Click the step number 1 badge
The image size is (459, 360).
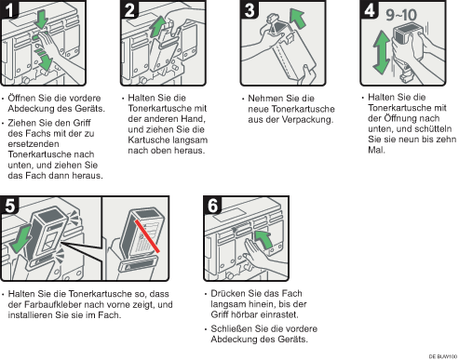(9, 9)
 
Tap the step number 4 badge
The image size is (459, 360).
(370, 9)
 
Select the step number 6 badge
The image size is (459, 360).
(212, 205)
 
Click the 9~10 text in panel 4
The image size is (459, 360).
(401, 15)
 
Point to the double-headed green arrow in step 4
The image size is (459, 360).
(382, 52)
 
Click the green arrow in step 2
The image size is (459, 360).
(158, 27)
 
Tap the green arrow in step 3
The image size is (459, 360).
(297, 19)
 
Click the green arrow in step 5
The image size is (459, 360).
(20, 239)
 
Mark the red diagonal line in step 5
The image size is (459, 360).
(147, 236)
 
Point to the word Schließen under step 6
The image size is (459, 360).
(232, 328)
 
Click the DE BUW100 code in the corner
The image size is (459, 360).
(443, 356)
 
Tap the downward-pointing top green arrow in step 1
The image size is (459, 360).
(41, 20)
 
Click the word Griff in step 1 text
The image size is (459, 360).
(82, 123)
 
